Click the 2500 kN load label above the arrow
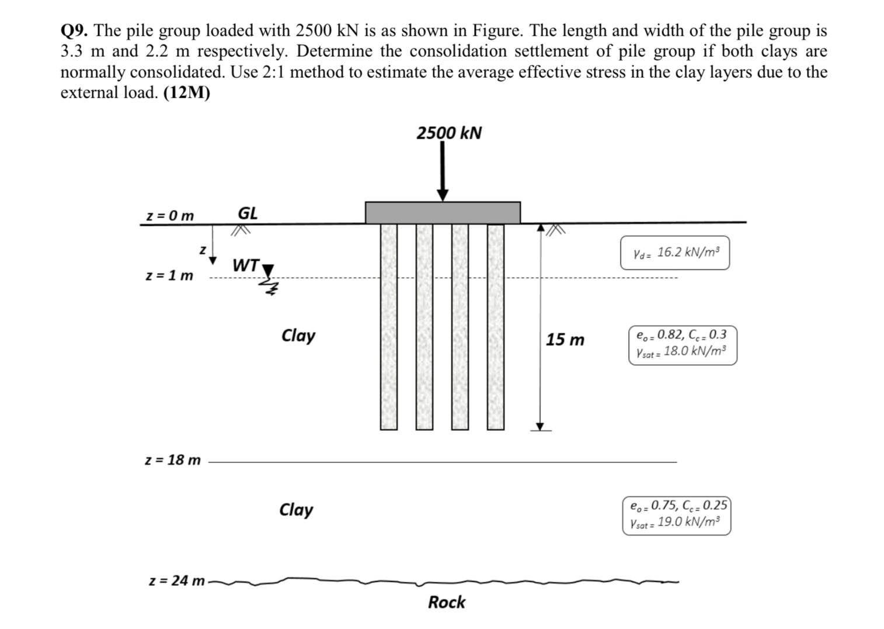point(449,133)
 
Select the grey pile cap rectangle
point(443,212)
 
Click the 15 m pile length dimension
point(564,340)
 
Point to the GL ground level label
point(248,213)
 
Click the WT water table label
point(245,265)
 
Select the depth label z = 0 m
point(169,215)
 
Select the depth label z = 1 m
point(169,275)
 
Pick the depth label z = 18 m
point(172,460)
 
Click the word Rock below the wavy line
point(446,602)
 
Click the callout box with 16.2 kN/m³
point(675,253)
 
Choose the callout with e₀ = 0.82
point(682,345)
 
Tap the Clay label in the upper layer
point(298,336)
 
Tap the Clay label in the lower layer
point(296,510)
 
